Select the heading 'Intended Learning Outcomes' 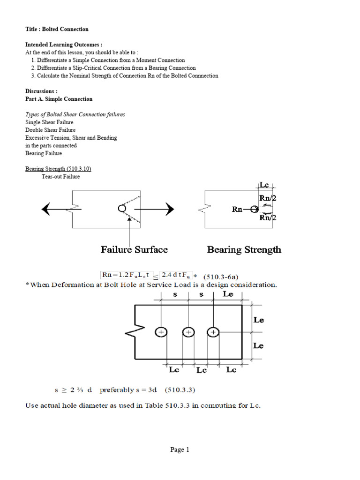click(x=63, y=45)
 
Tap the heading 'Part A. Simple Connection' click(x=59, y=99)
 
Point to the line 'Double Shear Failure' click(x=50, y=130)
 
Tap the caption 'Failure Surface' click(x=134, y=249)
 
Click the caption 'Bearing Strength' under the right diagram click(x=244, y=249)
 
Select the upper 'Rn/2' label click(x=268, y=198)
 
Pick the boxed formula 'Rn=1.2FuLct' click(x=123, y=275)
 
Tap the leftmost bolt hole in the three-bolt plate click(x=161, y=332)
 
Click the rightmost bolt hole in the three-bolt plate click(x=213, y=332)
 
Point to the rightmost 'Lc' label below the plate click(x=231, y=369)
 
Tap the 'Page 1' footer click(x=180, y=450)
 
